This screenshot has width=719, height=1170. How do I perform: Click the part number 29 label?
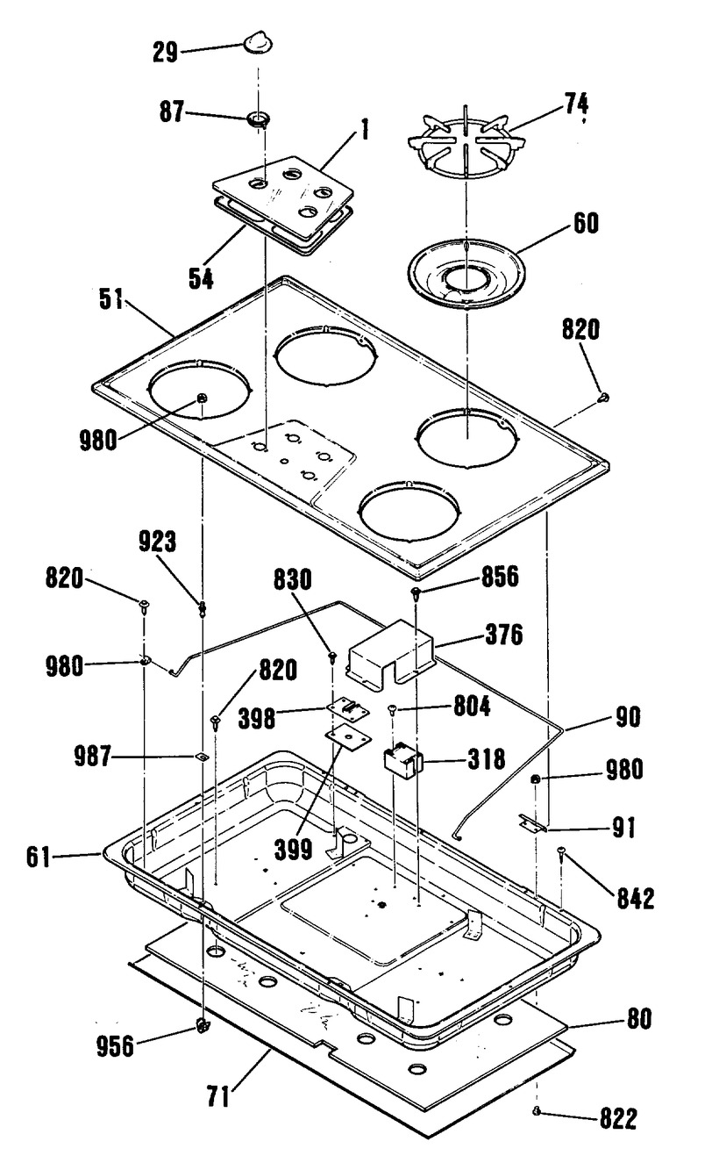165,53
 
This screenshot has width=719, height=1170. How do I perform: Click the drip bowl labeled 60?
466,275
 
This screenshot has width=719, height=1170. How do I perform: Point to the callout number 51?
110,299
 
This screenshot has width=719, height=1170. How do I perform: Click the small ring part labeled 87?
258,119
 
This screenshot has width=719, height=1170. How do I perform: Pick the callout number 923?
157,542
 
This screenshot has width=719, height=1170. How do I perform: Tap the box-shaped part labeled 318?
402,759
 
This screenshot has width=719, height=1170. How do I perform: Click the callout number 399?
293,850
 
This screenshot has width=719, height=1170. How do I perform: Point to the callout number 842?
636,899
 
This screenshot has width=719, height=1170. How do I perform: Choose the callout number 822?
618,1118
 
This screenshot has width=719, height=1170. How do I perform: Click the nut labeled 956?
203,1025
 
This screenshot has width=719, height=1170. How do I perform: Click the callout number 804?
472,707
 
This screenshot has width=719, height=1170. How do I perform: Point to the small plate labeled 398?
348,710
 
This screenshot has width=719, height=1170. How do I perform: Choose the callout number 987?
92,756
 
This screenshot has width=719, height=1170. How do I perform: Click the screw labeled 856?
416,592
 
